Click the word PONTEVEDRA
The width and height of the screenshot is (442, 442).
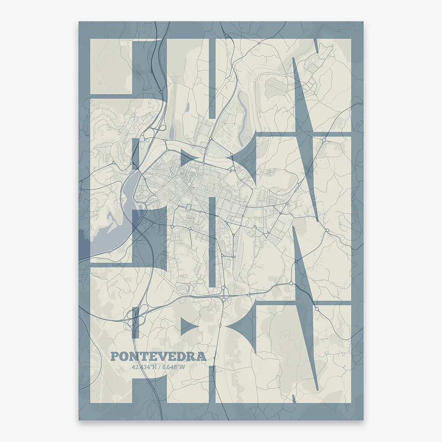click(158, 357)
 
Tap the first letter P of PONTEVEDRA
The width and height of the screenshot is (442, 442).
click(114, 357)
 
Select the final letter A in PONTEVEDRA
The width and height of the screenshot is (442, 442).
click(201, 357)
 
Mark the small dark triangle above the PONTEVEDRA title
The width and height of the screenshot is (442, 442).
click(188, 325)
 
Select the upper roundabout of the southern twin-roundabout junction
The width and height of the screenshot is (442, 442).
click(223, 287)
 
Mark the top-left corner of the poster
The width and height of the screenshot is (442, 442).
click(79, 22)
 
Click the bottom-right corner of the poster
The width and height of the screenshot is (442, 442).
click(363, 420)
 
